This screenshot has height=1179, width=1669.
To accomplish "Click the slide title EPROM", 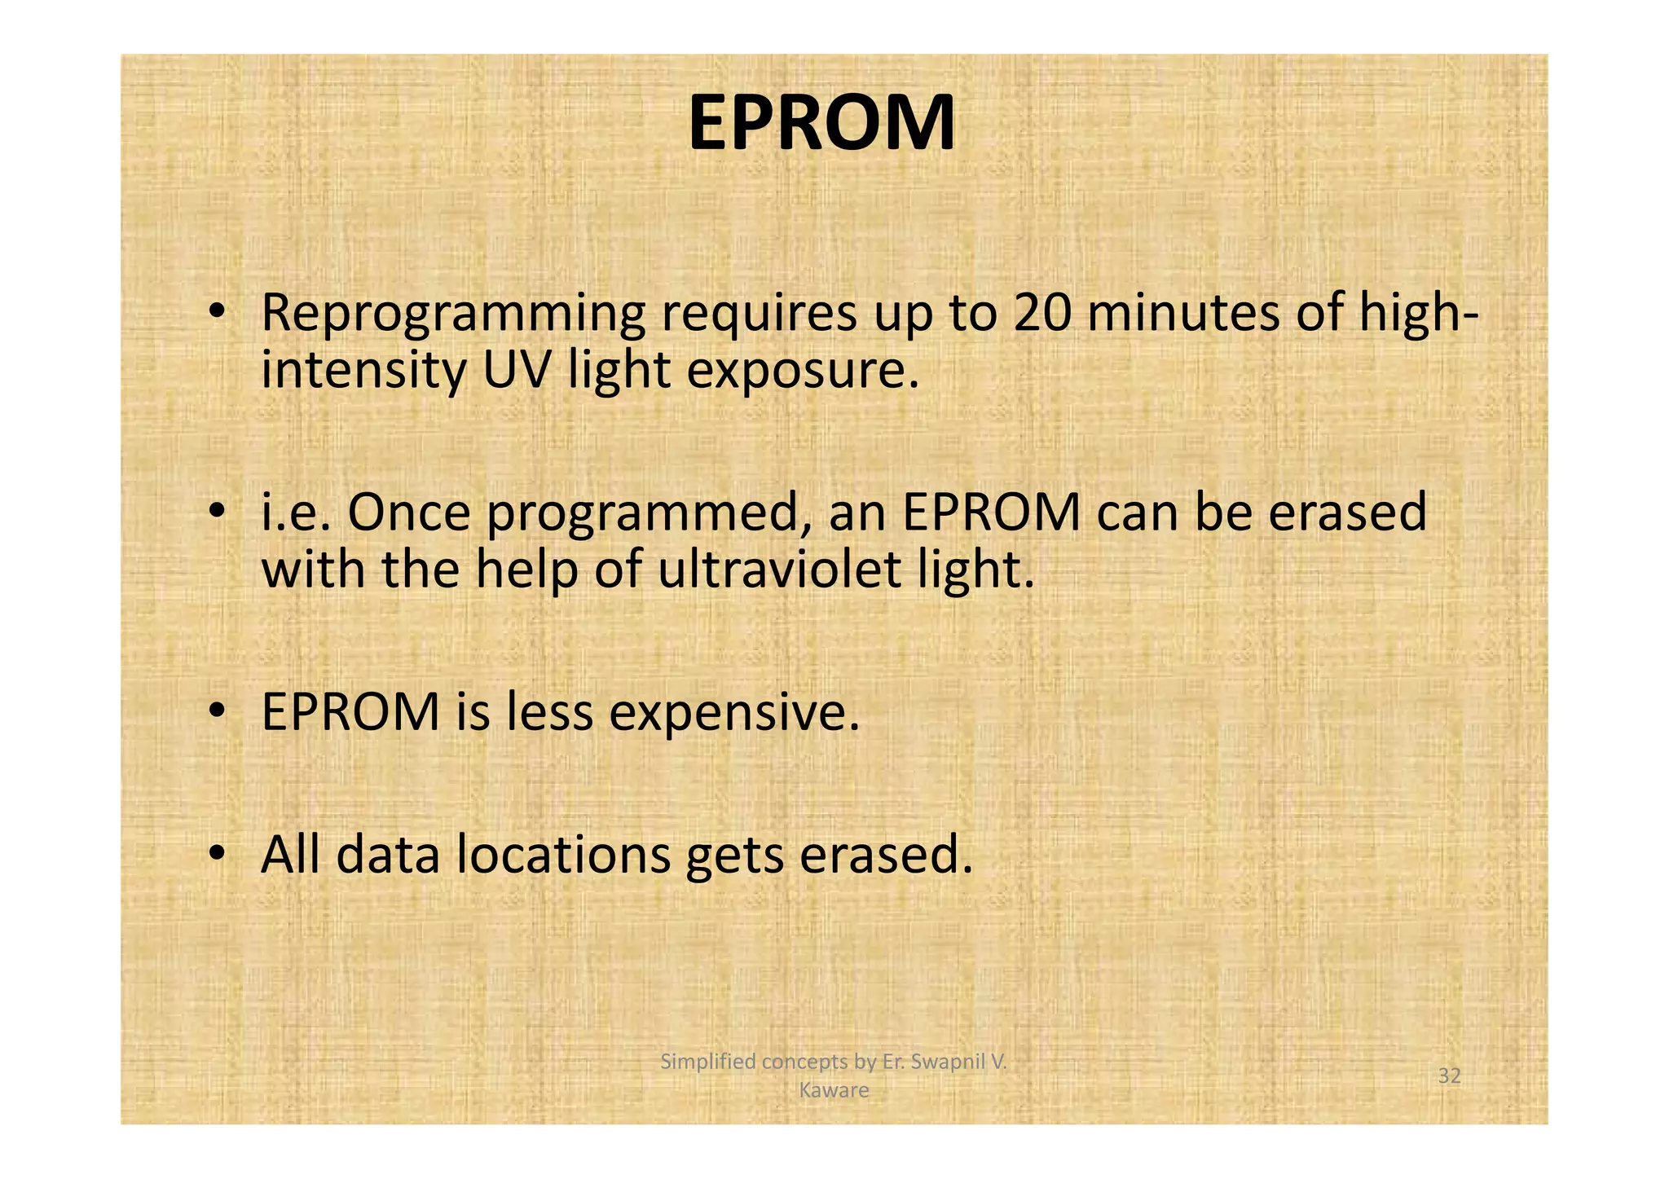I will pos(821,123).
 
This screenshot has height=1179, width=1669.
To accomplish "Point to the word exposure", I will pos(803,372).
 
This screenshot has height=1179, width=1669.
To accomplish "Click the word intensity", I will pos(363,372).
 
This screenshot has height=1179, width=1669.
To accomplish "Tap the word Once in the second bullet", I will pos(408,513).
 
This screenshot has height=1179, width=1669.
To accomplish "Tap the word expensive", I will pos(734,713).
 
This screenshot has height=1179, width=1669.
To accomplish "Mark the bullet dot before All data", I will pos(215,853).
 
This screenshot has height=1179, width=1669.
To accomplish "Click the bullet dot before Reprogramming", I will pos(215,312).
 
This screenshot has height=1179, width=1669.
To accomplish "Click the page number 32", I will pos(1449,1076).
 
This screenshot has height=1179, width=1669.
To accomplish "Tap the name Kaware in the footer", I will pos(834,1090).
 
